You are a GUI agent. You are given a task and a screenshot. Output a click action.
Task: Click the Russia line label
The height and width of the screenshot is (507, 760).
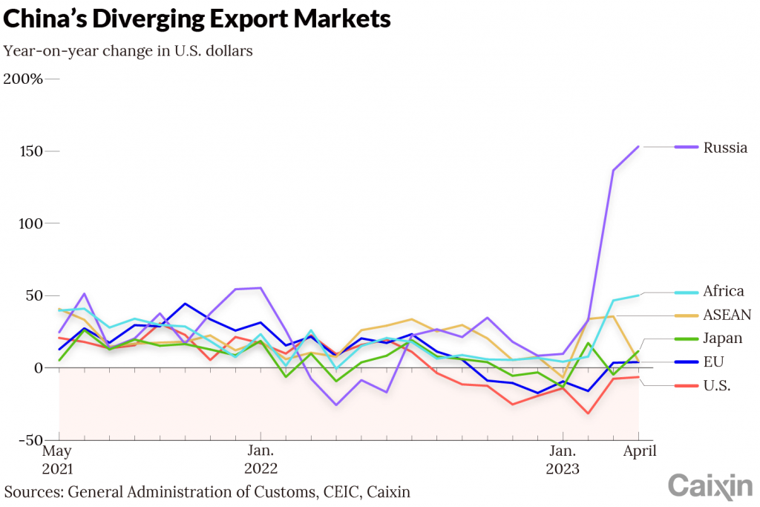coord(725,147)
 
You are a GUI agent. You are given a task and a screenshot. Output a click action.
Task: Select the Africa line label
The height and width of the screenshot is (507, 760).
coord(724,291)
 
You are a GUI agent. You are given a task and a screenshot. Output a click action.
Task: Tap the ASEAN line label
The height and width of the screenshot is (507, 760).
coord(727,315)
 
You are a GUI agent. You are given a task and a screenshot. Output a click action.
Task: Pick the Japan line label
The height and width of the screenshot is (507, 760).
coord(722,338)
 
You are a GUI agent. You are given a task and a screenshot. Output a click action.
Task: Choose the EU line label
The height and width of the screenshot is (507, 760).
coord(714,362)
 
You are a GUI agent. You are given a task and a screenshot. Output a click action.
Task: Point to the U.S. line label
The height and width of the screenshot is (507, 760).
coord(717,385)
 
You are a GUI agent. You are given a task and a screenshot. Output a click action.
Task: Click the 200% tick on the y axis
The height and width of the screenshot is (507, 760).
coord(23,79)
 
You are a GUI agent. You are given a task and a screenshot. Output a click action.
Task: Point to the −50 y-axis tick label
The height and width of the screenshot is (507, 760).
coord(29,440)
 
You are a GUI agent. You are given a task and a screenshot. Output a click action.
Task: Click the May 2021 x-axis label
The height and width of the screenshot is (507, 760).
coord(58,459)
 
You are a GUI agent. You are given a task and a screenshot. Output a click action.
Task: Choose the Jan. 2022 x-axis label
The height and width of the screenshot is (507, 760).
coord(261,459)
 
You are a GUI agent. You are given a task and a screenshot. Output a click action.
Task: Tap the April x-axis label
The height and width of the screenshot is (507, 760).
coord(638,451)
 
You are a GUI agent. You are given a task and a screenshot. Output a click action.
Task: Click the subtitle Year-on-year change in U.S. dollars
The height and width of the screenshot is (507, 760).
coord(128,51)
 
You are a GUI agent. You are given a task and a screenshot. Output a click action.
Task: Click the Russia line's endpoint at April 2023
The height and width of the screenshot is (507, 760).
coord(638,147)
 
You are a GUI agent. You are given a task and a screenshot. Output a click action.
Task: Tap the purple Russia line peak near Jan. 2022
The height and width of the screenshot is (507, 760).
coord(260,287)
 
